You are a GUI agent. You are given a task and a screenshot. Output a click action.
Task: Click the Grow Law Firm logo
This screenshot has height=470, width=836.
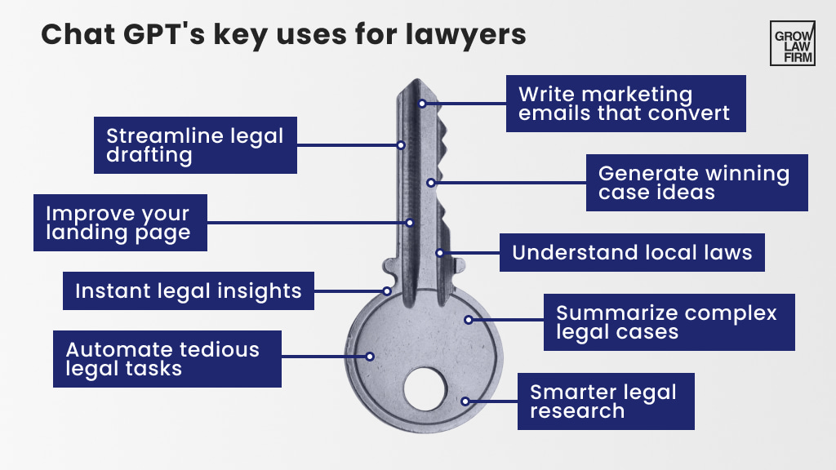(x=792, y=43)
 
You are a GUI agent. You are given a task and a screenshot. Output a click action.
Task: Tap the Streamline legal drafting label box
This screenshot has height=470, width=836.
(x=195, y=145)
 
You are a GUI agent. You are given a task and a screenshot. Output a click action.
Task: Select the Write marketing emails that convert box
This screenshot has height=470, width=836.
(x=625, y=104)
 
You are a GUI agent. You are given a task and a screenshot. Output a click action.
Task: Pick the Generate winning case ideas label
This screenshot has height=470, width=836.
(x=697, y=183)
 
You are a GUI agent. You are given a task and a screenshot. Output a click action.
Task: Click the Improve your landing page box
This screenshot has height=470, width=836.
(x=118, y=223)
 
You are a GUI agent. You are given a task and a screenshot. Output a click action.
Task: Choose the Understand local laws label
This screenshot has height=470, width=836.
(x=632, y=252)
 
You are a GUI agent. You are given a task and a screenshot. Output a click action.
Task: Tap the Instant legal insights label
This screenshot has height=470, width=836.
(x=189, y=290)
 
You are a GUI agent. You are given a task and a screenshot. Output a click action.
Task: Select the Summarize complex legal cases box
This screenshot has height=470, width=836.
(x=669, y=322)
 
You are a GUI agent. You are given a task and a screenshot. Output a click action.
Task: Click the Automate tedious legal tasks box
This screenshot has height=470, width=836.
(x=167, y=359)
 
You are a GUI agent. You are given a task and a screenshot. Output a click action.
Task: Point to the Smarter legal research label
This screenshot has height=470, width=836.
(x=605, y=401)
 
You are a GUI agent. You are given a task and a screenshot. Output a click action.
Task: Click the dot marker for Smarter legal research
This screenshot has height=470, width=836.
(x=465, y=401)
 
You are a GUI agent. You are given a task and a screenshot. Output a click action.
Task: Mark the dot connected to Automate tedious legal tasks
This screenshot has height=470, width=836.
(x=370, y=357)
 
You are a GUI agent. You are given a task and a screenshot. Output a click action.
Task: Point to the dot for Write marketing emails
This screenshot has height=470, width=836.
(x=422, y=104)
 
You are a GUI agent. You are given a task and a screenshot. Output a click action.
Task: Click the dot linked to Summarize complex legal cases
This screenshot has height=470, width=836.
(x=469, y=320)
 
